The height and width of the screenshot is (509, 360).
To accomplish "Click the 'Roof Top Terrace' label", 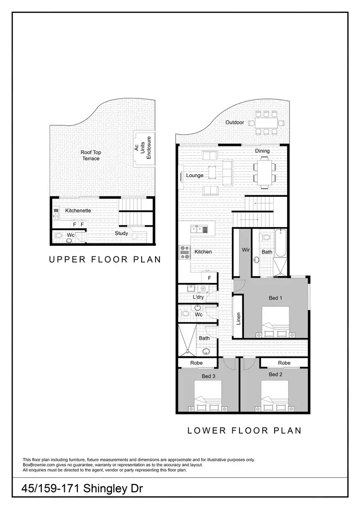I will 91,155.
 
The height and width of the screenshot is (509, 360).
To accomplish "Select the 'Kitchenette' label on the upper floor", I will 78,210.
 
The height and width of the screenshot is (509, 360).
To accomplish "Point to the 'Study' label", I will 121,233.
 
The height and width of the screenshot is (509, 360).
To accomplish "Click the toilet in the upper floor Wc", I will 60,236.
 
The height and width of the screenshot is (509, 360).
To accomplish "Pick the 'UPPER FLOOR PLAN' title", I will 105,260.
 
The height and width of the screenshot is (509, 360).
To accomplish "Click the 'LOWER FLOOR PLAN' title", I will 244,430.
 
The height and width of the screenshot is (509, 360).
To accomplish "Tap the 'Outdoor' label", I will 235,122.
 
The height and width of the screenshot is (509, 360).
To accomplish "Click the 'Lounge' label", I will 195,175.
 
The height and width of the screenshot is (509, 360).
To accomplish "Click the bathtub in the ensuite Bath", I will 280,242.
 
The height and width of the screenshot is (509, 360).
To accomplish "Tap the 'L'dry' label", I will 198,297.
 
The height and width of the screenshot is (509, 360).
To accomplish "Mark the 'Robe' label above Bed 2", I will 284,363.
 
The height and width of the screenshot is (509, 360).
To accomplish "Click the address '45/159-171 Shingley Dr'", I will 82,489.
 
